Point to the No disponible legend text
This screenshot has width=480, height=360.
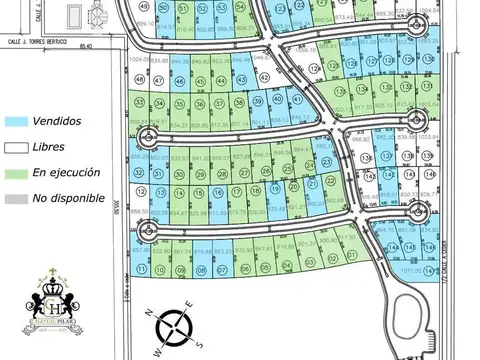click(69, 198)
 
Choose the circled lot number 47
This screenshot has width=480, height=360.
click(158, 81)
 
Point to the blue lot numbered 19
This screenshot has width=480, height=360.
click(275, 188)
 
